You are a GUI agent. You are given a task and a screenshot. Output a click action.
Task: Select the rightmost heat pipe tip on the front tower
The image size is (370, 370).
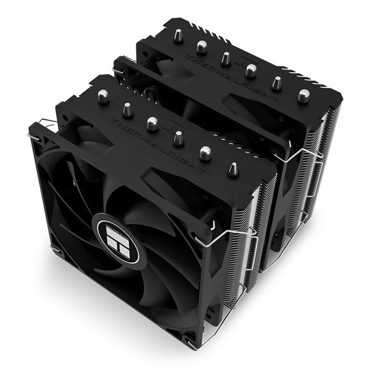coord(233,168)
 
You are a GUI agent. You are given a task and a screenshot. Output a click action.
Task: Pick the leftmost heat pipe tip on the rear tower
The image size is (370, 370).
coord(176,37)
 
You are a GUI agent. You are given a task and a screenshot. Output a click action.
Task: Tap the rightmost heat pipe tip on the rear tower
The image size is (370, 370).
coord(303,95)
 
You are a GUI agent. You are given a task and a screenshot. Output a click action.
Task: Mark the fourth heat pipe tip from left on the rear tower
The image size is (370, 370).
coord(250,69)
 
